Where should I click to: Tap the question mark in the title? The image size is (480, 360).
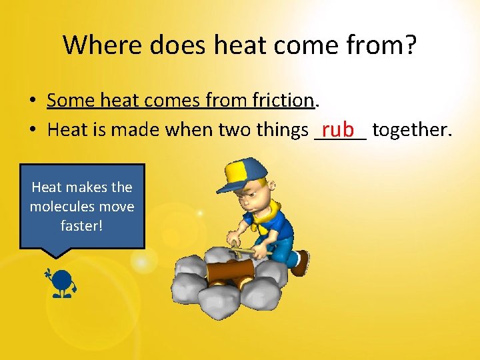tap(409, 45)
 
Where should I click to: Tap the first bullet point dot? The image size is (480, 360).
tap(32, 101)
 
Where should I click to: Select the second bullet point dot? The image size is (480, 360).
tap(32, 130)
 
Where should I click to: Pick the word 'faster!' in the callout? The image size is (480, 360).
tap(82, 225)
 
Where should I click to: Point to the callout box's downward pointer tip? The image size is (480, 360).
tap(58, 257)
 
